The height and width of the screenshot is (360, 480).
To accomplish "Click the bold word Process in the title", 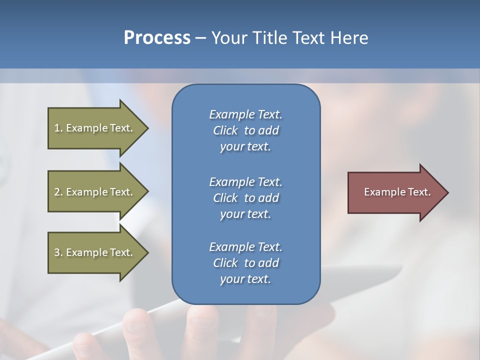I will coord(157,38).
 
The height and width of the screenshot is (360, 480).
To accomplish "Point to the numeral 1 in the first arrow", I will coord(57,128).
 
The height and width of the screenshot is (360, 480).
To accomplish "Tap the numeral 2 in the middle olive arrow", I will coord(57,192).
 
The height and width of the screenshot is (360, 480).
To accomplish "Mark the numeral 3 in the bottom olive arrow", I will coord(57,252).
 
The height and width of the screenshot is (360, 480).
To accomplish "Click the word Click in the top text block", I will coord(225,130).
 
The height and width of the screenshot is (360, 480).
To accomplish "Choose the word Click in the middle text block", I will coord(225,198).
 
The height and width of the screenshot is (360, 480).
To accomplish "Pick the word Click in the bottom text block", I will coord(225,263).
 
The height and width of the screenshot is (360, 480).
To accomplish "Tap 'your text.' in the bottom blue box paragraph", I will coord(245,279).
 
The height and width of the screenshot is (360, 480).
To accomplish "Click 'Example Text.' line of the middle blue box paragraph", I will coord(245,182).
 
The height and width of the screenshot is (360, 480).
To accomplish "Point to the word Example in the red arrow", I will coord(381,192).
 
